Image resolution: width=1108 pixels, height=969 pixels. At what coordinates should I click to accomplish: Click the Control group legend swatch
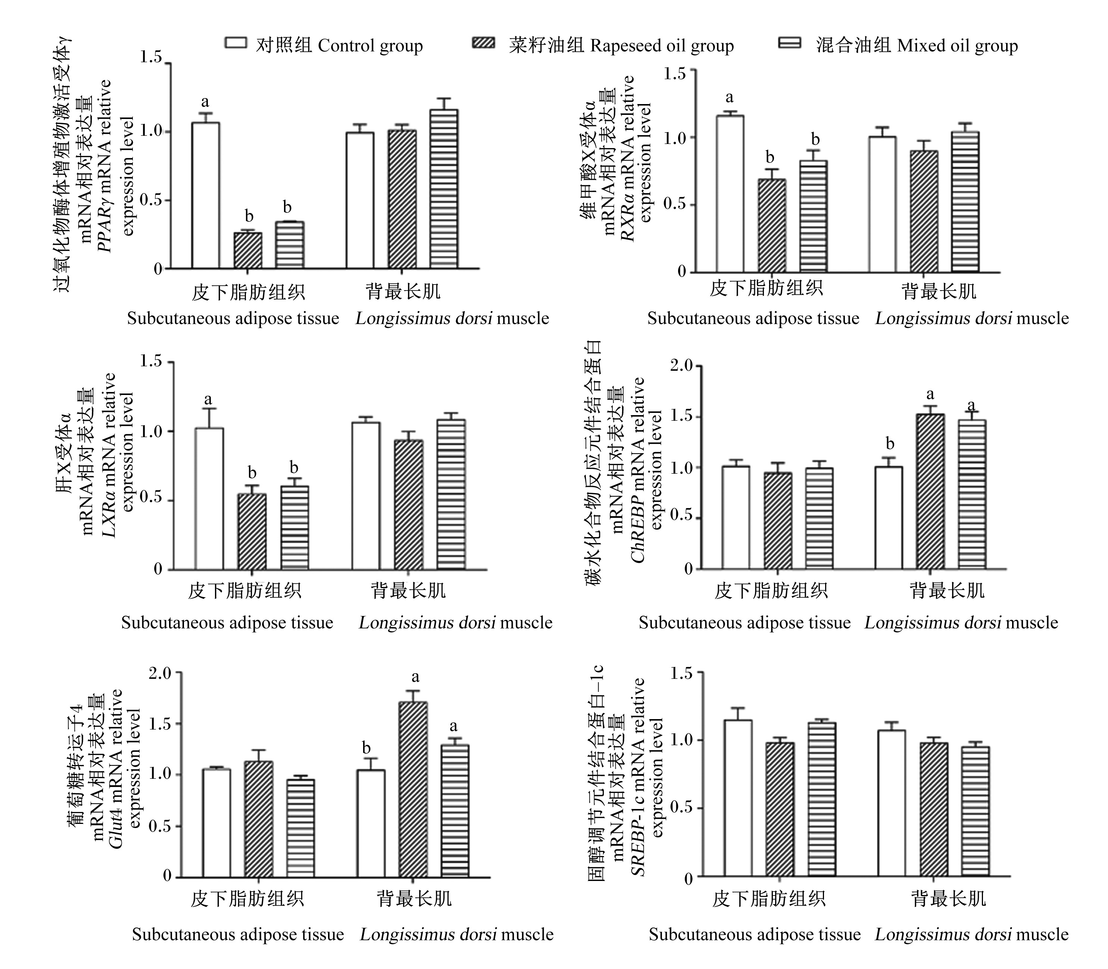(236, 43)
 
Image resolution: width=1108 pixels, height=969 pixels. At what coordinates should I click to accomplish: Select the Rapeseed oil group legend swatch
(484, 43)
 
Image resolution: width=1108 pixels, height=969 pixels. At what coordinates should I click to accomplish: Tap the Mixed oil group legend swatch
(789, 43)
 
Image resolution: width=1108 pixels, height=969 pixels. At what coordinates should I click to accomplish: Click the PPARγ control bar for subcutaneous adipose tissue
(206, 195)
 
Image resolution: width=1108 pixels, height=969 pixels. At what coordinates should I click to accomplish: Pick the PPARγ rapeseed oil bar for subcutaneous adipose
(248, 250)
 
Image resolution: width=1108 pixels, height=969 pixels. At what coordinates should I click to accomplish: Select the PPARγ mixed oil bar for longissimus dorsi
(444, 189)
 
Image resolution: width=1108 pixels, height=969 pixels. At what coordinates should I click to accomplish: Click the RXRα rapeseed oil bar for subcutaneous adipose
(771, 226)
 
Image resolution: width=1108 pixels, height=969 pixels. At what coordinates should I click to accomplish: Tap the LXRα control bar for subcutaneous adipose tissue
(209, 499)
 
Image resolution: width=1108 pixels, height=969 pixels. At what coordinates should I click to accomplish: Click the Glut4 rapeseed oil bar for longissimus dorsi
(413, 790)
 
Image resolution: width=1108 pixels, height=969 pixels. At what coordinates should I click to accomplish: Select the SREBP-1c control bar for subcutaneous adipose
(737, 798)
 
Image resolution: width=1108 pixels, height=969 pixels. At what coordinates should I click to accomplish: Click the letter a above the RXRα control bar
(729, 98)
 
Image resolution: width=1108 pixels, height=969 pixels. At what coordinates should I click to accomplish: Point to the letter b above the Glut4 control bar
(366, 748)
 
